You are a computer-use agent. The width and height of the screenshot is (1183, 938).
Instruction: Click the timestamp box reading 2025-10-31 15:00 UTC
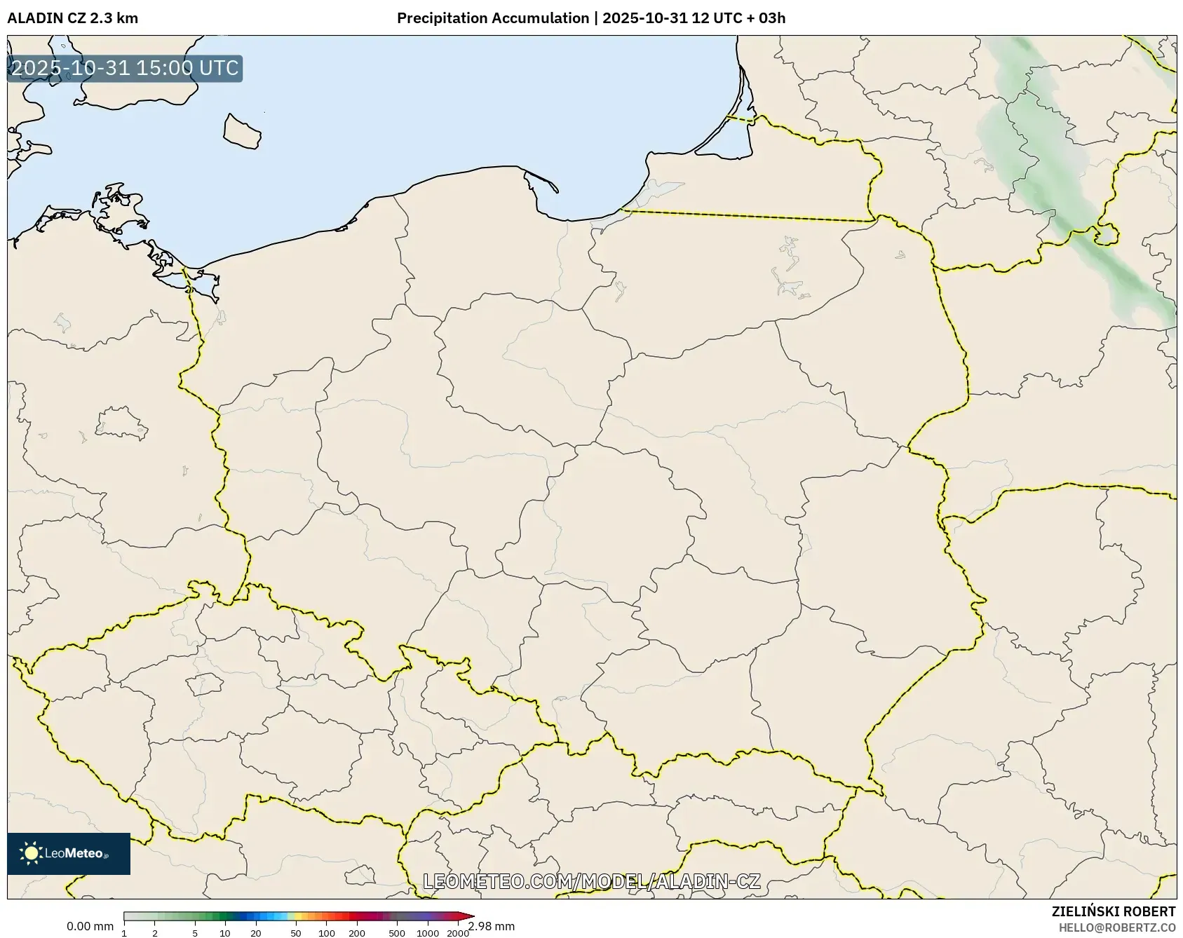125,68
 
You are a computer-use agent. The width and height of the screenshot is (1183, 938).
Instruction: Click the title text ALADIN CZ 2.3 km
72,18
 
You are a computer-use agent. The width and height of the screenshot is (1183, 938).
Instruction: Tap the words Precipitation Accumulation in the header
493,18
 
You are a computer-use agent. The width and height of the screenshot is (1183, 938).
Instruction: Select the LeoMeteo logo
69,853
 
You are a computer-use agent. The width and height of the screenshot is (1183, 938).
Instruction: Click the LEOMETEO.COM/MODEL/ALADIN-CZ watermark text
591,881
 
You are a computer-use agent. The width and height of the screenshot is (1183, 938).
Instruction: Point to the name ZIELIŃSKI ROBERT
1113,911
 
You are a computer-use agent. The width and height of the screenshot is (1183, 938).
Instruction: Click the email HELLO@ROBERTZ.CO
1116,927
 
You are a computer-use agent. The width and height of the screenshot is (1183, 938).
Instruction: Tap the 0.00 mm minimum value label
90,927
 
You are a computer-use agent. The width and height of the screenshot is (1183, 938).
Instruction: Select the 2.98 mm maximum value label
492,927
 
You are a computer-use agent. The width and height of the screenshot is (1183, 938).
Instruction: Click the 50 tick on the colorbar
296,933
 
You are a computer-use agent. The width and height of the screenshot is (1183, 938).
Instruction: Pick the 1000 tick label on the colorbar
428,933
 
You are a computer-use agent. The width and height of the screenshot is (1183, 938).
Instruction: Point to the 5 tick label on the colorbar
195,933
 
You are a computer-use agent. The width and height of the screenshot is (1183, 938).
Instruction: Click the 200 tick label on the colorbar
357,933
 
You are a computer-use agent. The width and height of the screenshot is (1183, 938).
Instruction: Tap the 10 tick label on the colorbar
225,933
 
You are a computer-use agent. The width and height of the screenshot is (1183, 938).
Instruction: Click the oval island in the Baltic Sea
242,132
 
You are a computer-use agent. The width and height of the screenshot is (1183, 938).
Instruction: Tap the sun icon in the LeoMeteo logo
31,853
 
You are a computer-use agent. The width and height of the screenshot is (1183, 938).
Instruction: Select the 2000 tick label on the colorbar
458,933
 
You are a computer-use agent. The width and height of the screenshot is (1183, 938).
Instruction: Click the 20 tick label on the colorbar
256,933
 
